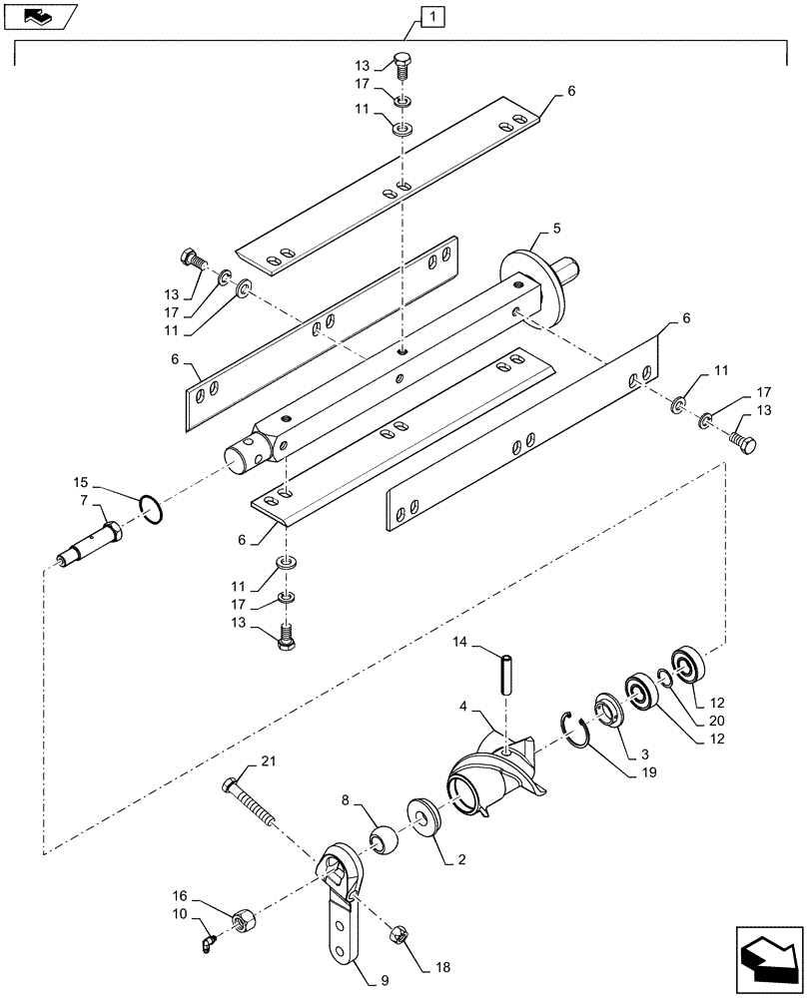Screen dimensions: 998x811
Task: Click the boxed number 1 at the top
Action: point(430,16)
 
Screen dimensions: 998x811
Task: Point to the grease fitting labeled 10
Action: point(207,939)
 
